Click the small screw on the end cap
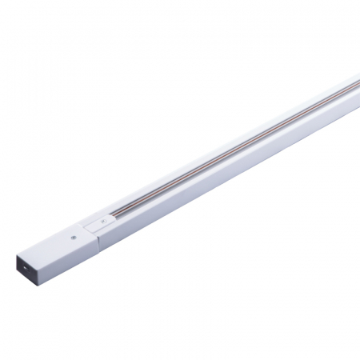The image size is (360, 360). [x=74, y=238]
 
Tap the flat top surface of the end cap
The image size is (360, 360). [x=68, y=242]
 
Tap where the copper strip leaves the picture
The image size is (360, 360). [x=358, y=81]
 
